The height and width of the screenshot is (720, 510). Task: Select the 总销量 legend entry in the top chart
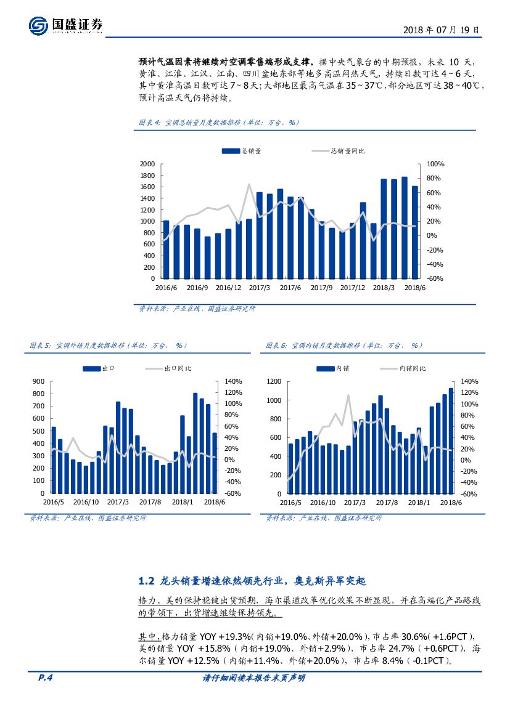[x=247, y=150]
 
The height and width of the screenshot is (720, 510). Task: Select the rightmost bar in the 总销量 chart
[x=415, y=232]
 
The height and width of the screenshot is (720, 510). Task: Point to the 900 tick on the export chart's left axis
[x=38, y=381]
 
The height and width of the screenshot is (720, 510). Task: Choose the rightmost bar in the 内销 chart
[x=451, y=440]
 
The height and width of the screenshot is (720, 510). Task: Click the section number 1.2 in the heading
[x=146, y=581]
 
